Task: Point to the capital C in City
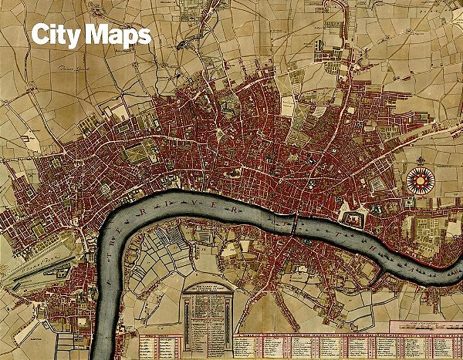(40, 35)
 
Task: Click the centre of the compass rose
(421, 181)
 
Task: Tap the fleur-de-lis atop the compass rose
(421, 163)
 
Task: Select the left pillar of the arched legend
(186, 312)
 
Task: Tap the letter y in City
(75, 39)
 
